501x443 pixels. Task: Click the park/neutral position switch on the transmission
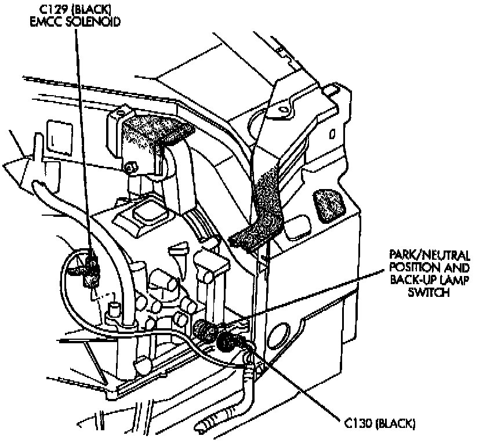(203, 329)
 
